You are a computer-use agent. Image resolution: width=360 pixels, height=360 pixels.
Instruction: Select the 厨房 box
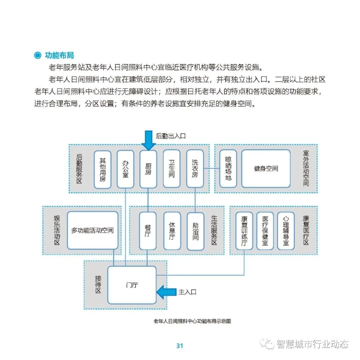pyautogui.click(x=148, y=169)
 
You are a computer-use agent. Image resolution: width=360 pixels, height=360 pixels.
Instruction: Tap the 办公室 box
pyautogui.click(x=125, y=169)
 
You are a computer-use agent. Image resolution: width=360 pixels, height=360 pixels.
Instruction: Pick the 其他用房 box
pyautogui.click(x=102, y=169)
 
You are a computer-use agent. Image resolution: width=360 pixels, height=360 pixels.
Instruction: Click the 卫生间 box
pyautogui.click(x=172, y=169)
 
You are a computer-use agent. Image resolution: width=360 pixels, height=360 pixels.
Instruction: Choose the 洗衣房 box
pyautogui.click(x=194, y=169)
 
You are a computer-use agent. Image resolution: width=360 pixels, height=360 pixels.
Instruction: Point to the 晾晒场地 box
pyautogui.click(x=228, y=169)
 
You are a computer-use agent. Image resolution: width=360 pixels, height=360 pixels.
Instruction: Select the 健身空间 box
pyautogui.click(x=266, y=169)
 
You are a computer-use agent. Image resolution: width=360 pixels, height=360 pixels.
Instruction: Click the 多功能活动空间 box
pyautogui.click(x=93, y=230)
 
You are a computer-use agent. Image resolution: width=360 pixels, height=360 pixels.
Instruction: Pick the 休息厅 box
pyautogui.click(x=172, y=230)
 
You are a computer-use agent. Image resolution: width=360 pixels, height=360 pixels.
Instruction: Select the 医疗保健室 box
pyautogui.click(x=265, y=230)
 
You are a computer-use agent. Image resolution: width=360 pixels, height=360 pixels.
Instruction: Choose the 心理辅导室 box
pyautogui.click(x=285, y=230)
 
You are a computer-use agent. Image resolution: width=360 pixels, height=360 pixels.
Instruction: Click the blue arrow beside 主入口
pyautogui.click(x=166, y=292)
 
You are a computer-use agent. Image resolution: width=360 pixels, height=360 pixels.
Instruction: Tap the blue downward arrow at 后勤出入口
pyautogui.click(x=148, y=139)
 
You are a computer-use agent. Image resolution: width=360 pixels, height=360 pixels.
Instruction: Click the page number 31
pyautogui.click(x=179, y=345)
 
